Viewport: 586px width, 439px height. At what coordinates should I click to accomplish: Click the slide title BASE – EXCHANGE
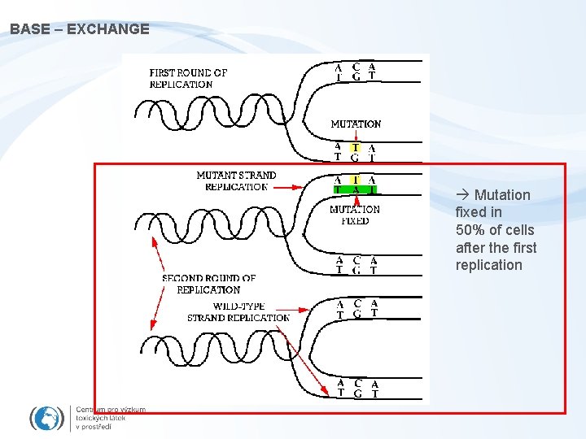click(80, 29)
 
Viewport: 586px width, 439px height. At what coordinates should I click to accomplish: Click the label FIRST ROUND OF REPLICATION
click(188, 78)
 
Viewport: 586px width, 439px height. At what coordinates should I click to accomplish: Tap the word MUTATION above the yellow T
click(356, 124)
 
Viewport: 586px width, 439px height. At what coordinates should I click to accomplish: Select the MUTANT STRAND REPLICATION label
click(236, 180)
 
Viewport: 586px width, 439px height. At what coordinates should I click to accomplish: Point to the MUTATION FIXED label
click(355, 215)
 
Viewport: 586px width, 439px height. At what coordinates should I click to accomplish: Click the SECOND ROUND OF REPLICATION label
click(208, 284)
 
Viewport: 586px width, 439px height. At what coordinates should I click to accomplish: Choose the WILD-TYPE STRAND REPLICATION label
click(238, 312)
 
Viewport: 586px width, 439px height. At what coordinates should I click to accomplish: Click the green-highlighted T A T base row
click(356, 189)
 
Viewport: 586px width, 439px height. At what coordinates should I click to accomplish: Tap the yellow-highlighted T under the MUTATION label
click(356, 148)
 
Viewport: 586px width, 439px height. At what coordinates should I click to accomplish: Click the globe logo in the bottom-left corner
click(46, 418)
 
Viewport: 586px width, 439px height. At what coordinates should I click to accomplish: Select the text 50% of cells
click(495, 230)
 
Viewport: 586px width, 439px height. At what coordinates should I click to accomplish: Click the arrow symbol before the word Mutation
click(463, 195)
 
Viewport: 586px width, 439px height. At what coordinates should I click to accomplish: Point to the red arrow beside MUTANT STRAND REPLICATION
click(285, 186)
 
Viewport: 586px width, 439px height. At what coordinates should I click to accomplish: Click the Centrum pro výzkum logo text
click(110, 418)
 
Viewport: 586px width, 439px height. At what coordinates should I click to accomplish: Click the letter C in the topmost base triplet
click(356, 67)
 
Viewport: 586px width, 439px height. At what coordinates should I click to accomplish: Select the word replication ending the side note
click(488, 265)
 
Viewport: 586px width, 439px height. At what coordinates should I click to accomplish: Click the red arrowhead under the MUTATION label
click(356, 138)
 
